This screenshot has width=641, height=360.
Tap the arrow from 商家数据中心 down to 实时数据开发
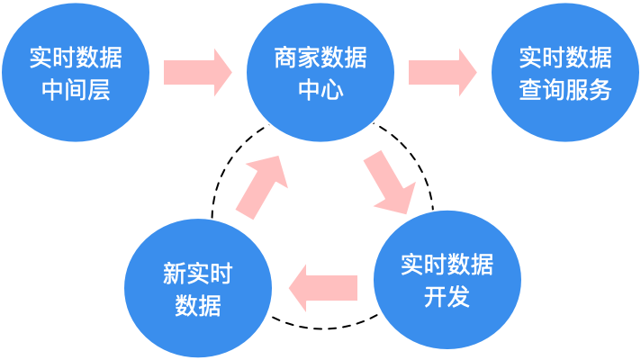tap(390, 183)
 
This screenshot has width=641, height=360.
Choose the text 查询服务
tap(565, 90)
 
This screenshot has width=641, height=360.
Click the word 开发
tap(447, 296)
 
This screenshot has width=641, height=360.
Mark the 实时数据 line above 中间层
tap(76, 58)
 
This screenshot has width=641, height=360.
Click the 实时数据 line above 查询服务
tap(565, 58)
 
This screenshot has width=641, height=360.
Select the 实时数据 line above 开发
tap(447, 265)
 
